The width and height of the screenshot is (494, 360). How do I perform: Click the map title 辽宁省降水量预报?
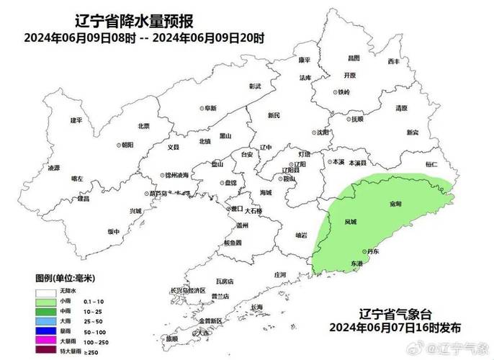(x=138, y=22)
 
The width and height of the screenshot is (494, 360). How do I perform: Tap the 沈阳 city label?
(x=321, y=132)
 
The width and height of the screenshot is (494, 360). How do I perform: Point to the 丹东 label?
(x=372, y=252)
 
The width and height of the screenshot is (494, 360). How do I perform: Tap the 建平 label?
(x=76, y=120)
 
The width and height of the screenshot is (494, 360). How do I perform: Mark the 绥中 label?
(x=113, y=232)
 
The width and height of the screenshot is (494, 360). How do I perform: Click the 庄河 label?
(x=280, y=274)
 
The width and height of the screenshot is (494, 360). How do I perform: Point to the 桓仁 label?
(x=431, y=165)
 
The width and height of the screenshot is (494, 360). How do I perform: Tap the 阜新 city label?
(x=209, y=108)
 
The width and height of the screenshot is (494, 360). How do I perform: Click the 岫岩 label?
(x=301, y=235)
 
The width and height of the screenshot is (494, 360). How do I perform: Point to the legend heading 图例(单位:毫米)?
(x=66, y=277)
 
